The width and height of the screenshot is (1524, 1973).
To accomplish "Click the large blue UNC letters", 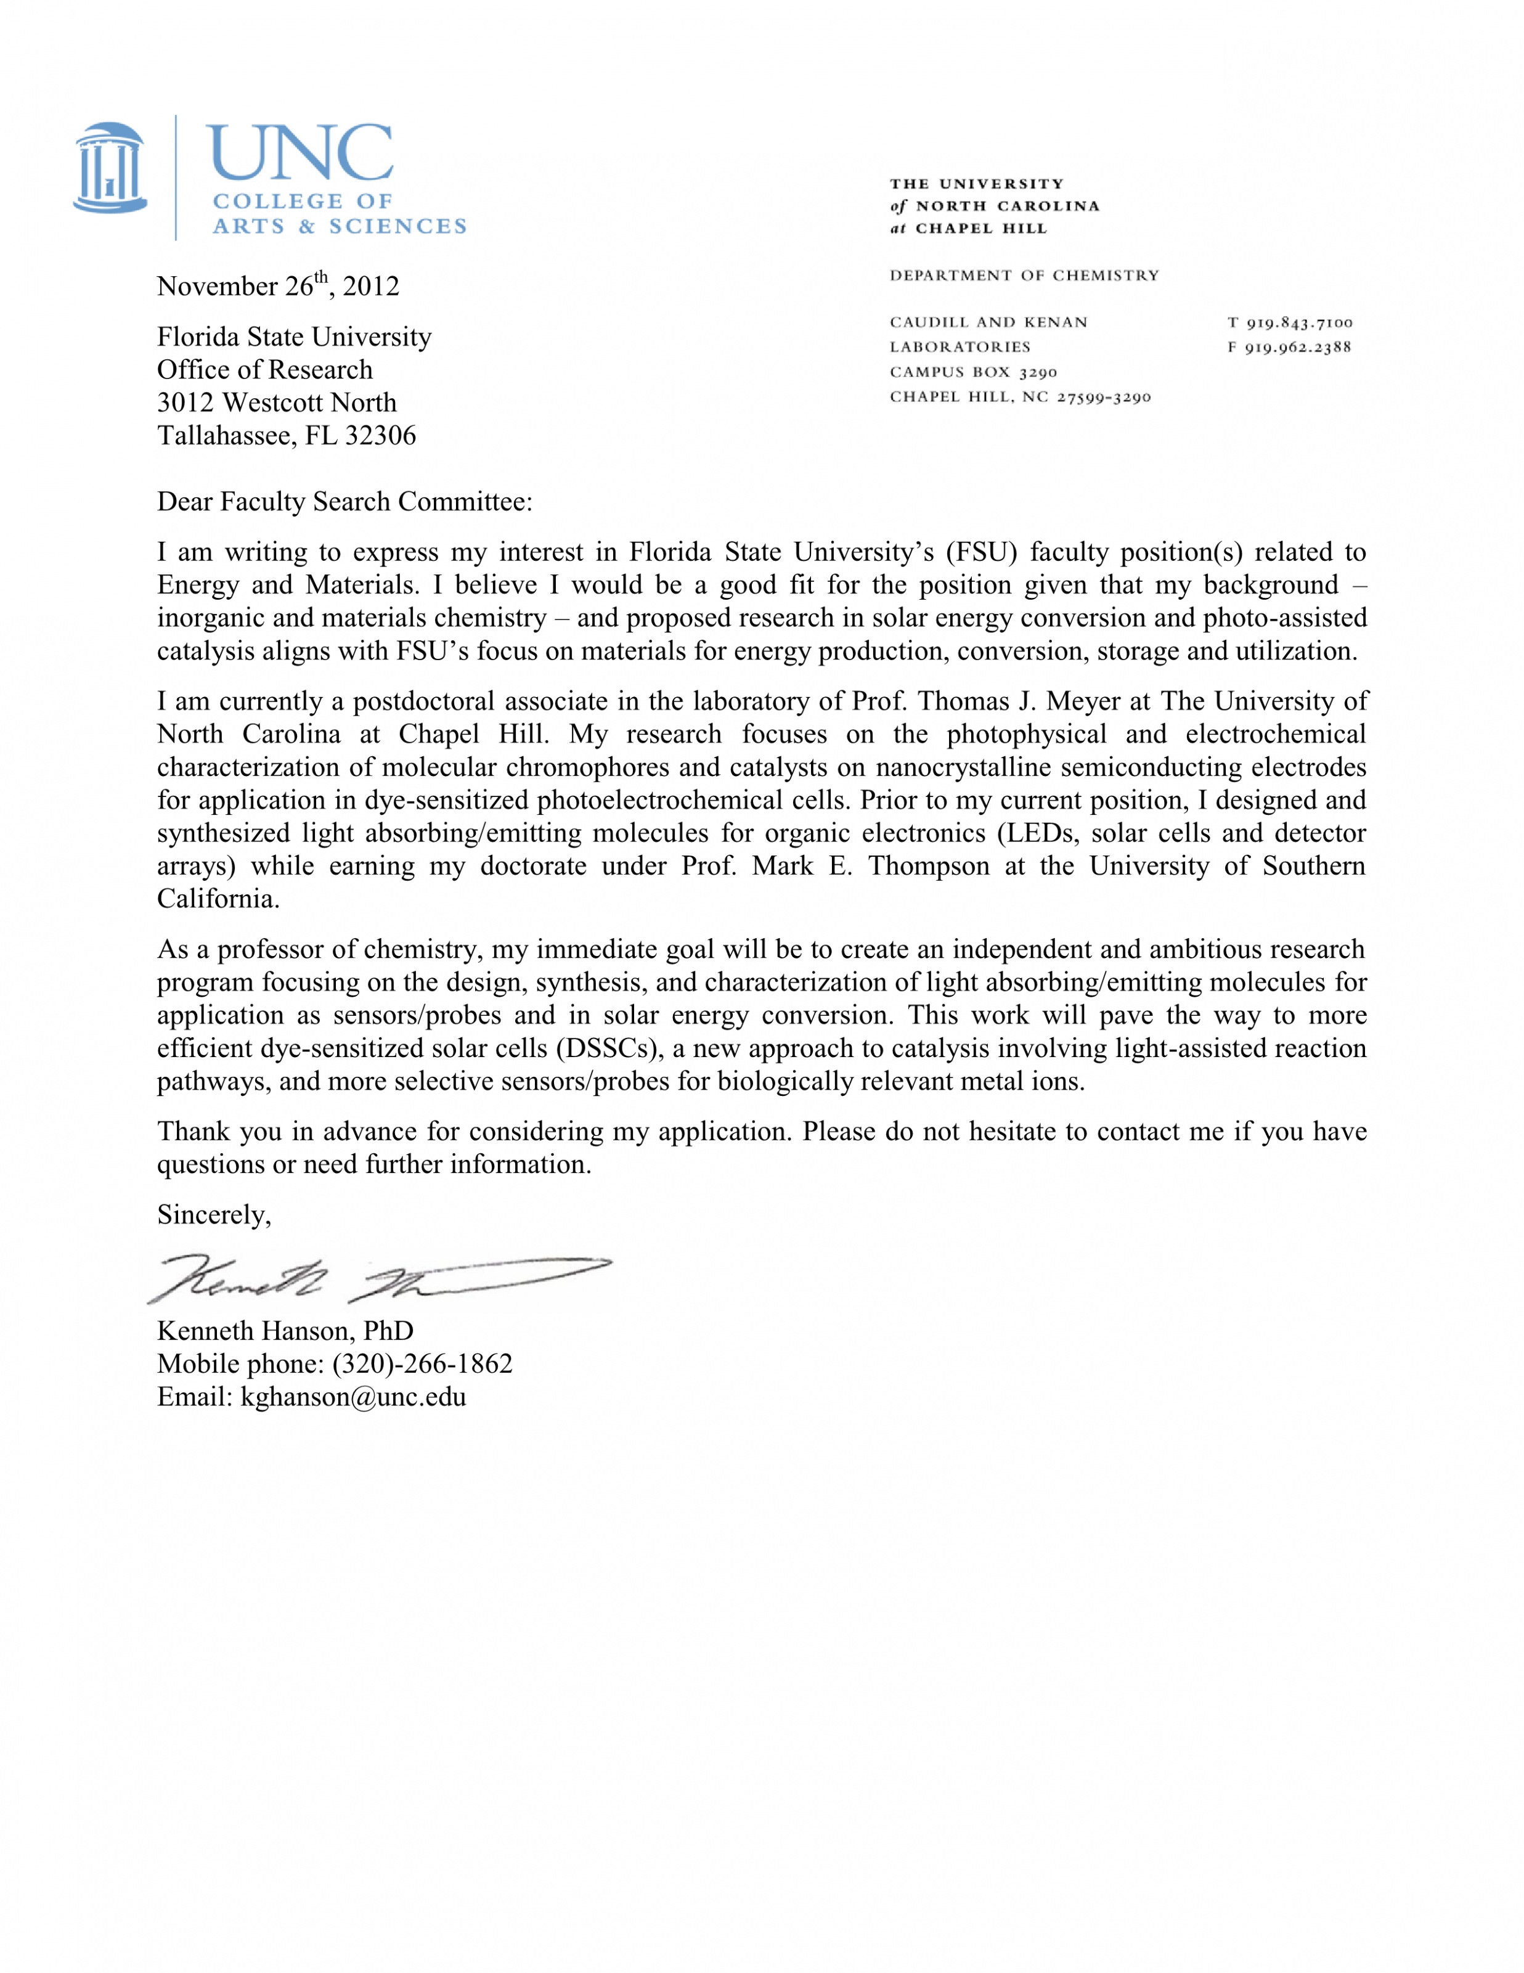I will tap(300, 153).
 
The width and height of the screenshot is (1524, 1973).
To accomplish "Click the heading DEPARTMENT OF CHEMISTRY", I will tap(1024, 276).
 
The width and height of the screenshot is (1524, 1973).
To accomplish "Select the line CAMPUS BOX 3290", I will tap(973, 372).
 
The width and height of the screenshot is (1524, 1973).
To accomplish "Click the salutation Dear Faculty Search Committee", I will tap(344, 501).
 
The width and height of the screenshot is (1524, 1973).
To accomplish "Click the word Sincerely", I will tap(214, 1214).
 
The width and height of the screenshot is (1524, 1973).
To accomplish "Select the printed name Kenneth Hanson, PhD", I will tap(285, 1331).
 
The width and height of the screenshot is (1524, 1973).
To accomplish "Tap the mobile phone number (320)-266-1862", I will tap(422, 1363).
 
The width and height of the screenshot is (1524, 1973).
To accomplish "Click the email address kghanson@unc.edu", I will tap(353, 1397).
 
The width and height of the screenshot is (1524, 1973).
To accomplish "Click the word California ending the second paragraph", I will tap(218, 898).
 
